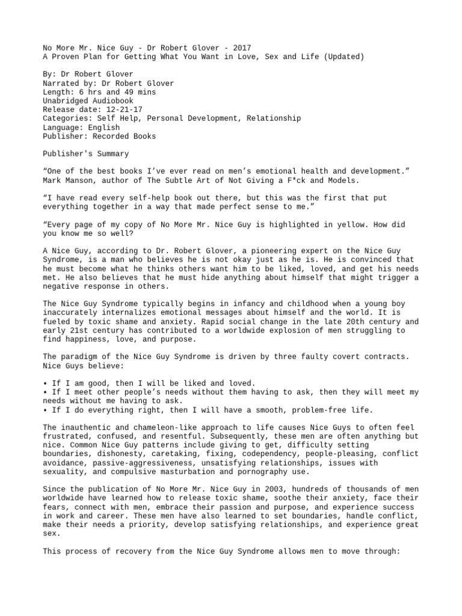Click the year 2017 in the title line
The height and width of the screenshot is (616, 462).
point(242,48)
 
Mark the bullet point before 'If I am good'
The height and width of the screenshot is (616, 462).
point(45,384)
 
